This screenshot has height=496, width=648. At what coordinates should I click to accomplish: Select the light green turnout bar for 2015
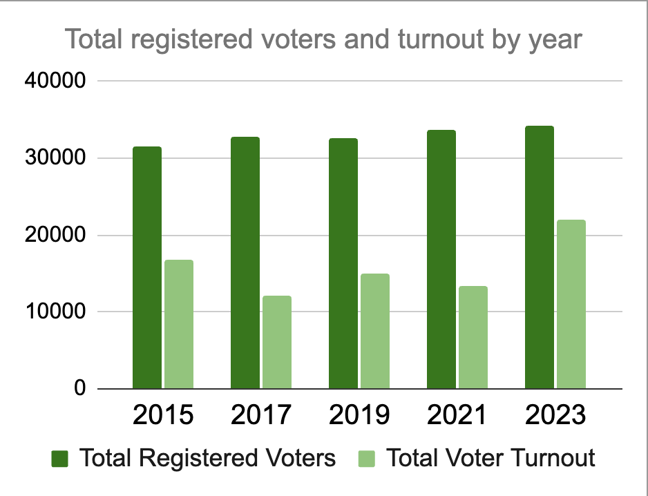click(179, 325)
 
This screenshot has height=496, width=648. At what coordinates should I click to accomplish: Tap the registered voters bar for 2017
click(245, 263)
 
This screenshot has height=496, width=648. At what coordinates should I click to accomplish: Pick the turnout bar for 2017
click(277, 343)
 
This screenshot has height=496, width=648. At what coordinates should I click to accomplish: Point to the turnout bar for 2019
click(375, 332)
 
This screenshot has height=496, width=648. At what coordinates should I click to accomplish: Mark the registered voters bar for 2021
click(441, 260)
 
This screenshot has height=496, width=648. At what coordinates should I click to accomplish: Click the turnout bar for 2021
click(473, 338)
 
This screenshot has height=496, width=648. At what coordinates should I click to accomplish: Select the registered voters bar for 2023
click(540, 258)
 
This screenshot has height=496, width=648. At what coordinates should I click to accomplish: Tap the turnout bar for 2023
click(571, 305)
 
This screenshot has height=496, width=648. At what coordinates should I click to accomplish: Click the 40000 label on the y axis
click(55, 82)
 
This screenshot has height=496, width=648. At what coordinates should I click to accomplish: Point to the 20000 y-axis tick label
click(55, 236)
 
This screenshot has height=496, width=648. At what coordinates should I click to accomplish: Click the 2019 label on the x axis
click(359, 416)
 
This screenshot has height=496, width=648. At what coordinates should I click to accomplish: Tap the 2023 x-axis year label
click(555, 416)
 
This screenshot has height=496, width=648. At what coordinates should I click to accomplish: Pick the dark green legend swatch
click(60, 459)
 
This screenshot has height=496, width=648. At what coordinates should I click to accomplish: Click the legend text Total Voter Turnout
click(490, 458)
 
